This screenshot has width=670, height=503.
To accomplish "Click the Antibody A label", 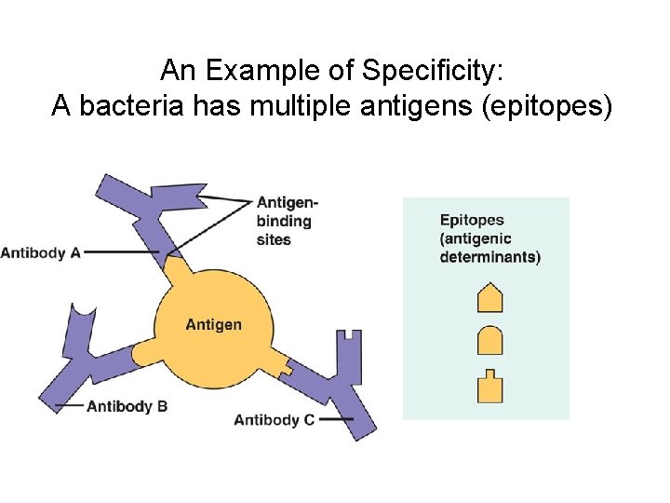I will coord(41,252).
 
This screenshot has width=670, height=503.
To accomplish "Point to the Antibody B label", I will coord(127,406).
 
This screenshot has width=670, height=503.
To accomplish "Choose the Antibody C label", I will coord(274,420).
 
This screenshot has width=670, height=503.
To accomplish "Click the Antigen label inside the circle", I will coord(213,325).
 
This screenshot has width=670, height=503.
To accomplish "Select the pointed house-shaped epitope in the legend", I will coord(489,298).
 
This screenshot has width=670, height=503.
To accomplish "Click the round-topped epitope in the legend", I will coord(489,341).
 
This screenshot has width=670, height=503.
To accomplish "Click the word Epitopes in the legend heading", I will coord(472,221).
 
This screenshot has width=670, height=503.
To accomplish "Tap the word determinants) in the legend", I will coord(490,258).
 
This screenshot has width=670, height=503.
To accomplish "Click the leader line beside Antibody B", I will coord(70,406).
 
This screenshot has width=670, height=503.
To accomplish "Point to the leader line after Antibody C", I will coord(336,420).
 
